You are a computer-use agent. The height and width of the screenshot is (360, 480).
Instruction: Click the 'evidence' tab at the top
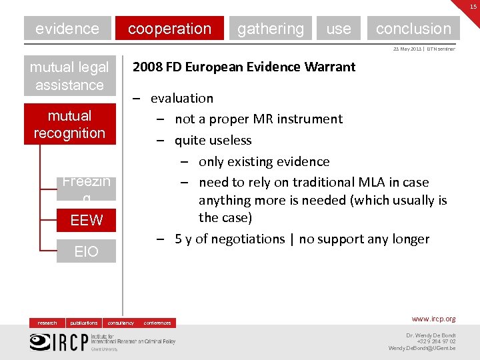point(67,29)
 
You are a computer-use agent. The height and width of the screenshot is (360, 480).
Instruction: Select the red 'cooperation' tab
point(169,29)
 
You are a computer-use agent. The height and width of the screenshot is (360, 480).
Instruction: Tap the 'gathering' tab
point(270,29)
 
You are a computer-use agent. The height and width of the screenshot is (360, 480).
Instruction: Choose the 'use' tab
point(339,29)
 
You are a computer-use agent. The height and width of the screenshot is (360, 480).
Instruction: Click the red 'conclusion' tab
point(413,29)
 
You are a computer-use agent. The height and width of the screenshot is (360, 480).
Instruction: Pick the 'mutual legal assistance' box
point(69,76)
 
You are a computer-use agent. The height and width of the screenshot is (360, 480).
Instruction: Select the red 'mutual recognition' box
point(69,124)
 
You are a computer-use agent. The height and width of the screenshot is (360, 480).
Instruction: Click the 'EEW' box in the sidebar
point(86,220)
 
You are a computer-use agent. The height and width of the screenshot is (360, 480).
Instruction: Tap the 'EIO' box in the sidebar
point(86,251)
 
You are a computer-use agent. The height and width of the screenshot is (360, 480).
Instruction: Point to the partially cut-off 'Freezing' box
point(86,188)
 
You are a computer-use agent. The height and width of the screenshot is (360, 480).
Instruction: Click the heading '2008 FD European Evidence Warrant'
point(244,67)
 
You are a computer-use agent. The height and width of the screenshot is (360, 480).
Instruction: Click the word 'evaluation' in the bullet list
point(182,98)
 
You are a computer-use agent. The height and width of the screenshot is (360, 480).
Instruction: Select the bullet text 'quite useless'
point(213,140)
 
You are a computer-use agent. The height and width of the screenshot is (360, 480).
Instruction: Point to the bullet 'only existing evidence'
point(264,161)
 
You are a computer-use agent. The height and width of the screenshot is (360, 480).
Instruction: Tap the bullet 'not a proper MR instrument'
point(259,119)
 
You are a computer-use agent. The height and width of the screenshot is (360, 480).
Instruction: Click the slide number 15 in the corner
point(472,6)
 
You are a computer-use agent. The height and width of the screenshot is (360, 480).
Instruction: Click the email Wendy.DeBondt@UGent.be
point(422,348)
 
